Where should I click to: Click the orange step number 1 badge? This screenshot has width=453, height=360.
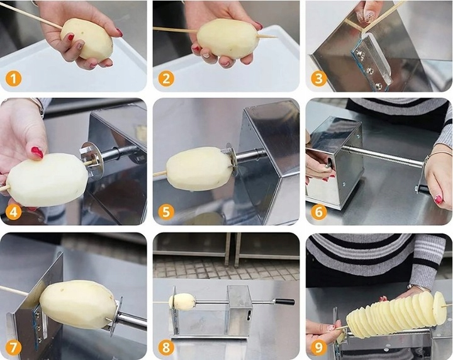14,78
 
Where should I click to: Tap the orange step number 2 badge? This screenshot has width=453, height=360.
166,78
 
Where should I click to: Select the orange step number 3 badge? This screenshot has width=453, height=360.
318,78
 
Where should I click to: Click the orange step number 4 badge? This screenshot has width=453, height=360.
14,211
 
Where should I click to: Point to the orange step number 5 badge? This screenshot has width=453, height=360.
166,211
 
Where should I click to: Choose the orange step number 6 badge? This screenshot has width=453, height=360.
318,211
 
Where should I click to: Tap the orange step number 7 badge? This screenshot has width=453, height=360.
14,347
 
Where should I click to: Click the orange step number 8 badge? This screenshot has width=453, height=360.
166,347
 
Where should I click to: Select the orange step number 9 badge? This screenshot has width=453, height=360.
318,347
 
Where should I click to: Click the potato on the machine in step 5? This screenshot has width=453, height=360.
199,169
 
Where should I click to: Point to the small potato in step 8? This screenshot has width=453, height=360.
182,301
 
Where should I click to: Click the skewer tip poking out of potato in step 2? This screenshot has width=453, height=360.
267,37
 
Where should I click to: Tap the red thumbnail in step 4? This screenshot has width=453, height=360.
37,152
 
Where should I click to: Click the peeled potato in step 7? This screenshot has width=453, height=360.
78,304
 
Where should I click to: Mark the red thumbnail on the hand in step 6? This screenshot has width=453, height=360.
439,200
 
